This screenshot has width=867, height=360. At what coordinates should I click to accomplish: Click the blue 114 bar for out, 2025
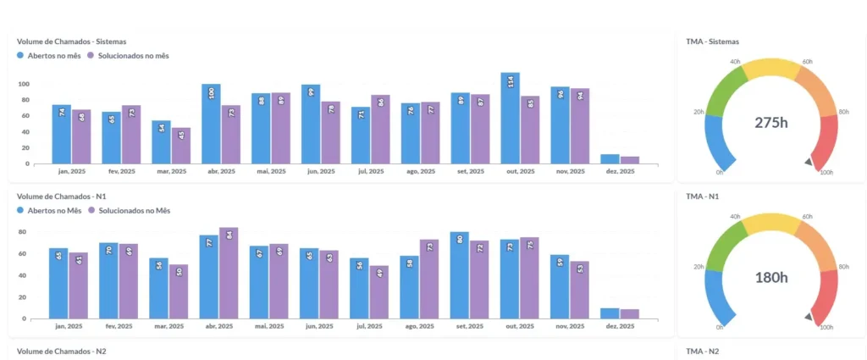point(510,118)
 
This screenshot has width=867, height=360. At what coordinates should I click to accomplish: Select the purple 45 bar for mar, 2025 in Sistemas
point(181,146)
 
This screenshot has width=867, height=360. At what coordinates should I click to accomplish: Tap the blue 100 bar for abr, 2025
point(211,124)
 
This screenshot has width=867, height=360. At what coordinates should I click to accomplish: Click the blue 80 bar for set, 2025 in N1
point(460,275)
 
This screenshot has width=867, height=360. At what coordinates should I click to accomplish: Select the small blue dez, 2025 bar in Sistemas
point(610,158)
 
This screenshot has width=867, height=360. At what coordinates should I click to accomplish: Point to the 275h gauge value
point(771,122)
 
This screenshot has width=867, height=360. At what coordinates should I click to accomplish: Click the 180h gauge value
point(771,277)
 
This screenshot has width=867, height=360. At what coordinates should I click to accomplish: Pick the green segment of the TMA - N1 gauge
point(725,242)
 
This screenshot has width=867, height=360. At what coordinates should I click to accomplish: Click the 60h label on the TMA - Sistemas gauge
point(807,62)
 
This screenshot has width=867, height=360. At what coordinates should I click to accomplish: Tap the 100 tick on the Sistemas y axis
point(23,84)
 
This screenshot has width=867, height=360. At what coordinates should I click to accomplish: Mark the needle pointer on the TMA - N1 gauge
point(809,317)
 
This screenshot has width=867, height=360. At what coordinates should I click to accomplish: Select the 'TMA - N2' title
point(702,351)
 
